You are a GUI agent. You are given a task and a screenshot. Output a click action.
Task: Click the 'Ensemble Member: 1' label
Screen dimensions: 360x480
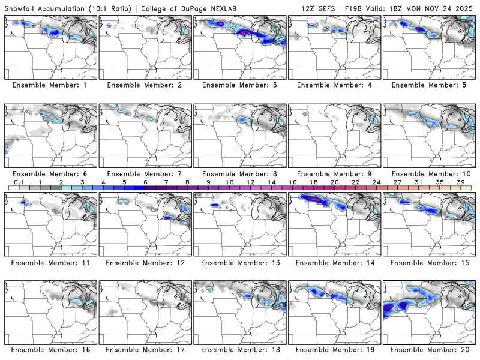click(51, 85)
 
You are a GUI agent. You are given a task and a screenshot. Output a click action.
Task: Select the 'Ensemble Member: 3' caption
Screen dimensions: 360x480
click(239, 85)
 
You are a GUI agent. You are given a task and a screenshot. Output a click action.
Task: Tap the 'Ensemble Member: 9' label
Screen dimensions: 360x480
click(334, 173)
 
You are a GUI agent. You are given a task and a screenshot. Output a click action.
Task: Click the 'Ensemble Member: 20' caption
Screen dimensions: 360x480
click(428, 349)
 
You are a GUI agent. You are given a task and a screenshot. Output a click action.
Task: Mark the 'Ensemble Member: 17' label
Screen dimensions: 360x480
click(145, 349)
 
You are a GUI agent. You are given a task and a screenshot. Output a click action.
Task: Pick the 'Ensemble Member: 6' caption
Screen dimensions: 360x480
click(51, 173)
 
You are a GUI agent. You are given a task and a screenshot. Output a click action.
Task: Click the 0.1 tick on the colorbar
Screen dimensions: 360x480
click(19, 182)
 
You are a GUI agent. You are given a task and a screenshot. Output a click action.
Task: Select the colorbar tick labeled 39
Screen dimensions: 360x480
click(460, 182)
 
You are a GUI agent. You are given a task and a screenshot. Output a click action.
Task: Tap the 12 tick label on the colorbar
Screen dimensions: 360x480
click(250, 182)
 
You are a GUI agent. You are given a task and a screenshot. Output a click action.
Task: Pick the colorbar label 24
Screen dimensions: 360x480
click(376, 182)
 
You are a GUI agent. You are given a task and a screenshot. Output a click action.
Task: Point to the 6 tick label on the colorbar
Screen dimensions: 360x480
click(145, 182)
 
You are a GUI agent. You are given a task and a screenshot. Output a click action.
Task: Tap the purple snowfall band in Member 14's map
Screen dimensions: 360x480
click(313, 198)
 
